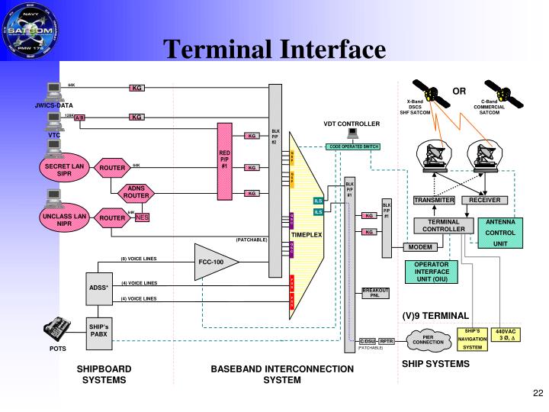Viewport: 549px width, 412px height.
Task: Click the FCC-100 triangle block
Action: point(213,262)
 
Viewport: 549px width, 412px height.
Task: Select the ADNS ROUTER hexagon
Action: point(136,192)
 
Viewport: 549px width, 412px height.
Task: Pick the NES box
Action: point(143,217)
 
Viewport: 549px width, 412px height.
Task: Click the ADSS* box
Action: point(98,288)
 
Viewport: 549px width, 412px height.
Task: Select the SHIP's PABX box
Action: point(98,332)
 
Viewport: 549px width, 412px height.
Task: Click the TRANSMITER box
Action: point(434,200)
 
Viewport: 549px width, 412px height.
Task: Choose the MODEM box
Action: point(421,247)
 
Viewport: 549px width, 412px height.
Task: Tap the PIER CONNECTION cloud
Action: point(428,340)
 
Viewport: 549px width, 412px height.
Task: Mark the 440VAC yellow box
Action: point(507,336)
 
